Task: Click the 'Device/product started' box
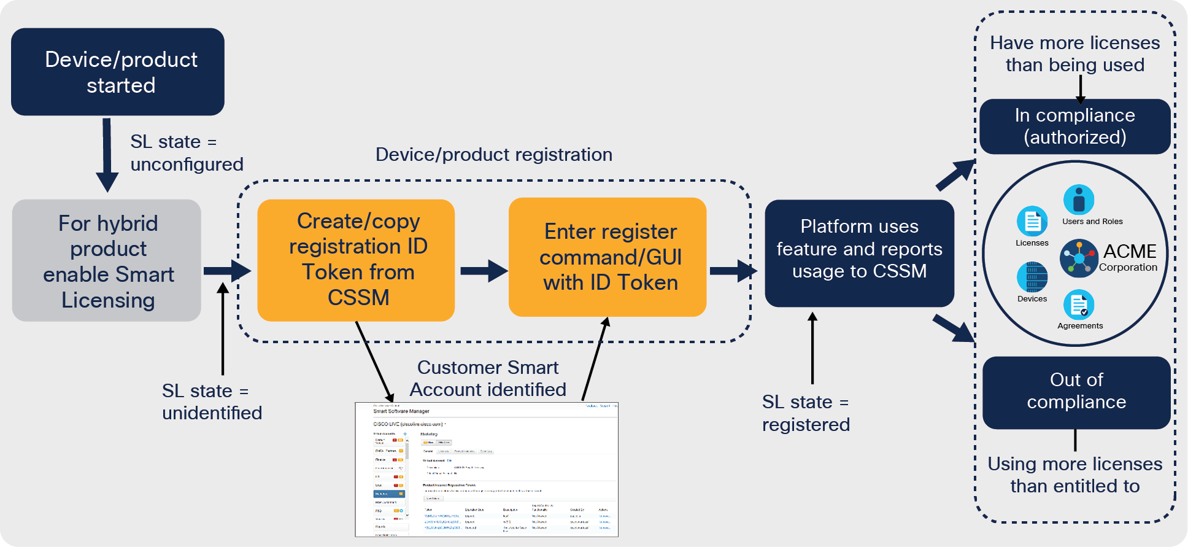point(118,72)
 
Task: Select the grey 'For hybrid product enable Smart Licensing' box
point(107,260)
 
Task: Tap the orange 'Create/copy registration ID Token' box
point(356,260)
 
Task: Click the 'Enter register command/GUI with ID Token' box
point(607,257)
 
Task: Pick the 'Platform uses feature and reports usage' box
point(859,253)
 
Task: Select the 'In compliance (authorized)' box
point(1074,126)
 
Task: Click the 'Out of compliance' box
point(1076,392)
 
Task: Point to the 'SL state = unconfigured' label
point(186,153)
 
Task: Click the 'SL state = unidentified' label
point(212,402)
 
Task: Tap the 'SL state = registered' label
point(806,413)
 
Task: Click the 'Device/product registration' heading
point(493,155)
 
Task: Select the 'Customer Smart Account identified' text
point(488,378)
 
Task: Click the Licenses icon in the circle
point(1032,221)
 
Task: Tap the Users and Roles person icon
point(1079,200)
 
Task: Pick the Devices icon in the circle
point(1032,277)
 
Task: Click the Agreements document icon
point(1079,305)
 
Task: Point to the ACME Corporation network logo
point(1079,258)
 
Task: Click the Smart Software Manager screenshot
point(487,470)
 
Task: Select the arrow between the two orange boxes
point(483,271)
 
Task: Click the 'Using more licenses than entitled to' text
point(1074,475)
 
